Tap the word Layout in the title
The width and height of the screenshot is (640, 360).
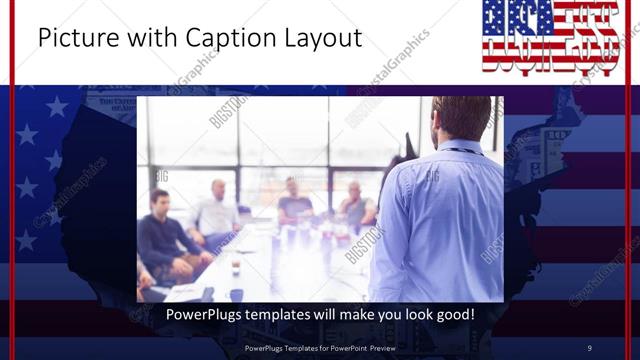click(x=320, y=39)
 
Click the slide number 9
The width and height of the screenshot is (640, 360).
click(x=589, y=348)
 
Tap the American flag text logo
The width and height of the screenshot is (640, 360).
click(x=549, y=37)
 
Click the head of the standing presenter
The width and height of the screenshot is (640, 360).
click(x=460, y=118)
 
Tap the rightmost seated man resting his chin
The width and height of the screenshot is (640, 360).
click(x=355, y=205)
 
